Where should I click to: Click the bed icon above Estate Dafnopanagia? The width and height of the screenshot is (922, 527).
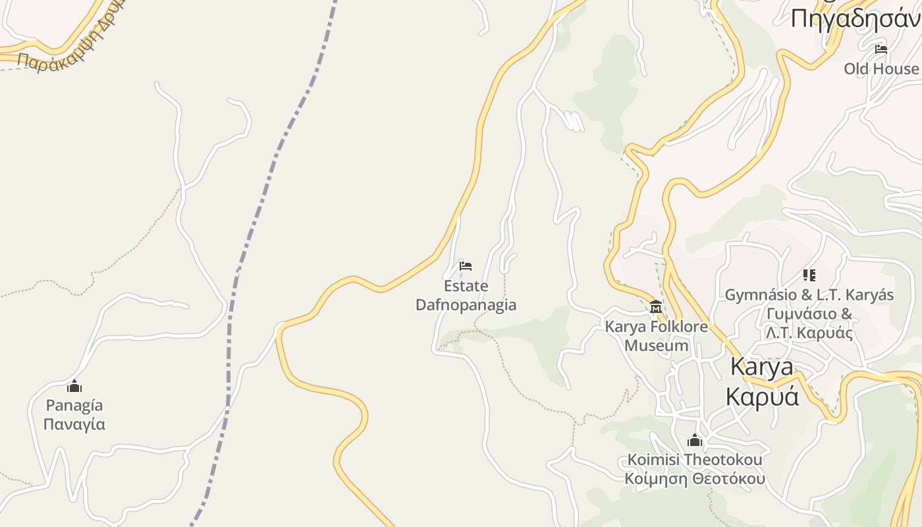(466, 266)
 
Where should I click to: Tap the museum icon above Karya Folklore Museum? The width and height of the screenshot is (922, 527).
(656, 307)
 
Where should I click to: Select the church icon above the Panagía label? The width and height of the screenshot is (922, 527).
(74, 386)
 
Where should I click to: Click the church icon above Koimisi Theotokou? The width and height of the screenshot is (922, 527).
(695, 440)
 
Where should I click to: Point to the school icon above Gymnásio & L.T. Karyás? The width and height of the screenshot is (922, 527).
(809, 275)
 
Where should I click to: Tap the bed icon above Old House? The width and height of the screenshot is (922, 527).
(881, 49)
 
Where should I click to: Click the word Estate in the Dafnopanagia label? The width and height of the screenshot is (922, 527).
(466, 286)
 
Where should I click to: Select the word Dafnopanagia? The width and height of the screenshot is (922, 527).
(466, 305)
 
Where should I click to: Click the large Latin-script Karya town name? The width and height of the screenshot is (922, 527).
(762, 367)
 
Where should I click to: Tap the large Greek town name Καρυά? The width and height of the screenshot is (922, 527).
(762, 397)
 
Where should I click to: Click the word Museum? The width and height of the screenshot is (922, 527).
(657, 345)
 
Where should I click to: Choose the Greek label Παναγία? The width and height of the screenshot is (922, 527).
(74, 424)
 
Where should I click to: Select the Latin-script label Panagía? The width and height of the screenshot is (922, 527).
(74, 405)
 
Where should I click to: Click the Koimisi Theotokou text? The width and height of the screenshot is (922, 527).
(695, 459)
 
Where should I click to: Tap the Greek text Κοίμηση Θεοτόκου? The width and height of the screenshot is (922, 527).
(695, 478)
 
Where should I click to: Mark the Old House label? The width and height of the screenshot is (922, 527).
(881, 69)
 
